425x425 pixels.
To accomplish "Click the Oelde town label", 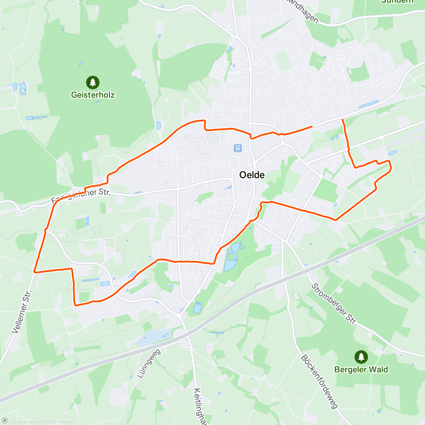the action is pos(252,175).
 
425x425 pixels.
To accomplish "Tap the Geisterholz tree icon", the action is pos(93,83).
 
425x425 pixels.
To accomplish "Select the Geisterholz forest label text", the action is pos(93,95).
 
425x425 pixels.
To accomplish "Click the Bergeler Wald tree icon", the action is pos(361,357).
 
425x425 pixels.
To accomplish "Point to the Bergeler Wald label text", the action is pos(361,370).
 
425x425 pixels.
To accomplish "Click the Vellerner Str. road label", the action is pos(22,312).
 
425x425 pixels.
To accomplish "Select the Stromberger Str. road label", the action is pos(334,304).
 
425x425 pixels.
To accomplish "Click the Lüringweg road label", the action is pos(149,363).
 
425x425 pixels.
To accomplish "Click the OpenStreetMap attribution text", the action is pos(56,420).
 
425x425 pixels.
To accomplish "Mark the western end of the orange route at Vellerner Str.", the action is pos(34,272).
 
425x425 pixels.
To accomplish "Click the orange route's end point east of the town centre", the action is pos(312,126).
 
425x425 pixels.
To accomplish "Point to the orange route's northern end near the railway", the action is pos(342,120).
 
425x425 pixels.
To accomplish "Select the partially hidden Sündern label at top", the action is pos(397,1).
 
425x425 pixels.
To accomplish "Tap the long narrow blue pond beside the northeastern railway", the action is pos(368,104).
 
